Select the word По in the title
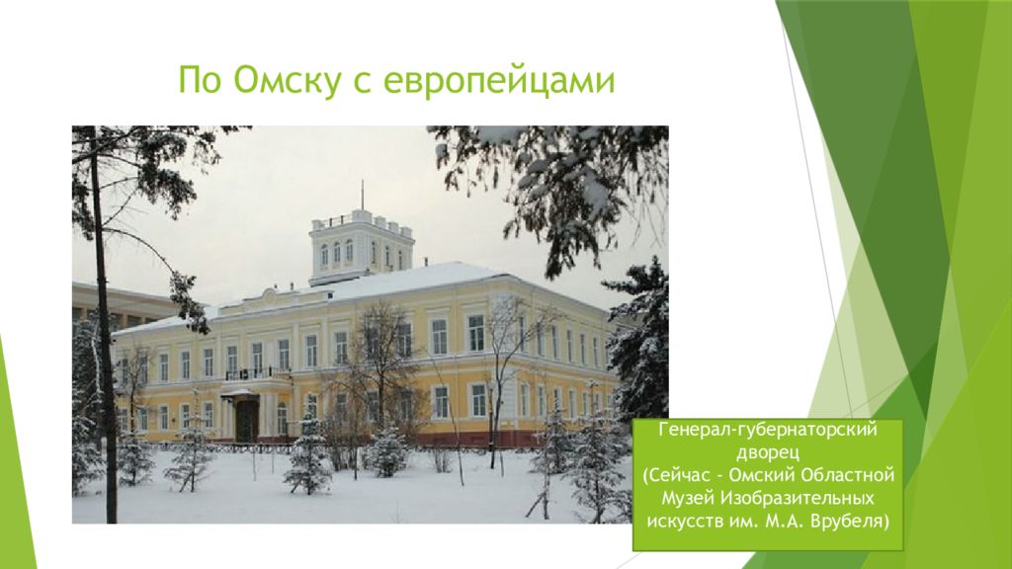pyautogui.click(x=198, y=80)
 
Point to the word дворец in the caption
pyautogui.click(x=767, y=452)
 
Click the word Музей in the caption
pyautogui.click(x=688, y=499)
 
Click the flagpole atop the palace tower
pyautogui.click(x=362, y=195)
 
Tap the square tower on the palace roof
pyautogui.click(x=362, y=247)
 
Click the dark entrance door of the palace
pyautogui.click(x=246, y=419)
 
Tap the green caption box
pyautogui.click(x=767, y=484)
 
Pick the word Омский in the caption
pyautogui.click(x=762, y=476)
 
